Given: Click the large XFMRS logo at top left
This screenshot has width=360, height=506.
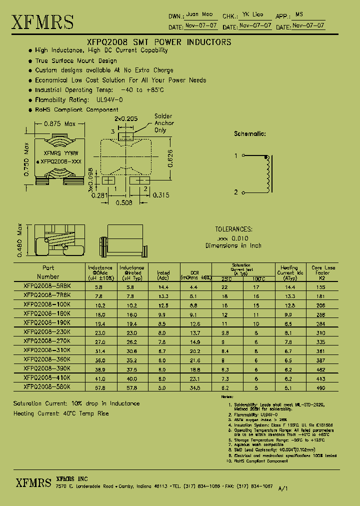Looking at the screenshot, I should (x=43, y=22).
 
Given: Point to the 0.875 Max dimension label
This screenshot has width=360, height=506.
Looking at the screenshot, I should (x=60, y=123).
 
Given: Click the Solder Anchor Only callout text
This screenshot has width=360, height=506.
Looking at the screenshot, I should (x=163, y=123).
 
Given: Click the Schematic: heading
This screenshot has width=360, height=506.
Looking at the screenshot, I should (x=250, y=134).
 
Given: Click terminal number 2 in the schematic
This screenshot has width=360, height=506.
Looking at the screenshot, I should (x=236, y=192).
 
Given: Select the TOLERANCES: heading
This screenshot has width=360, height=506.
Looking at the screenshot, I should (x=233, y=229).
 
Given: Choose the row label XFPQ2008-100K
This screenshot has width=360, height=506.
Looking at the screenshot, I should (x=47, y=304).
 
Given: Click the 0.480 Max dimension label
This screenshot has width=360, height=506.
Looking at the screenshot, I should (x=20, y=241).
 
